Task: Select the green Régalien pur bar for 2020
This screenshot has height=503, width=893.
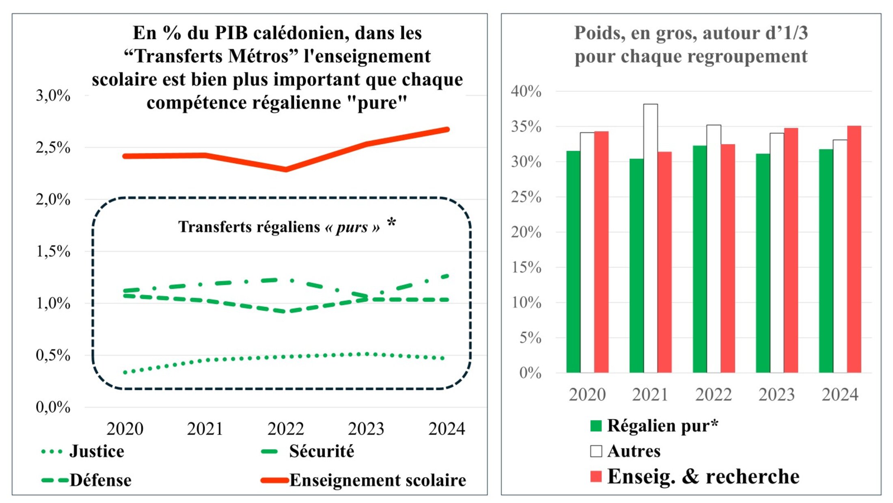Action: click(573, 262)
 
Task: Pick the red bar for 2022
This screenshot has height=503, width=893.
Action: click(728, 258)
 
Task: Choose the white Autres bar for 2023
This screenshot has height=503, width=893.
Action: click(777, 253)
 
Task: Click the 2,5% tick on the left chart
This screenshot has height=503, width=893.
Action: click(53, 148)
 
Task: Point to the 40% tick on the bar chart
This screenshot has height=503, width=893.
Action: click(526, 91)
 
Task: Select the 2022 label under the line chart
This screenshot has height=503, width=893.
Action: click(285, 429)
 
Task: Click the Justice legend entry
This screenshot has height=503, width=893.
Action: click(97, 451)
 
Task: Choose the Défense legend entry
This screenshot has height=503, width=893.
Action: click(100, 480)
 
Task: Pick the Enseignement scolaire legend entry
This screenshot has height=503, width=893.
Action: click(377, 480)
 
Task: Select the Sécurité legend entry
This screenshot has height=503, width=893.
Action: click(321, 451)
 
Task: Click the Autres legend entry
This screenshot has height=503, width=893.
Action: click(634, 451)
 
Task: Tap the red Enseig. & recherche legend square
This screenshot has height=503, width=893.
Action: click(596, 477)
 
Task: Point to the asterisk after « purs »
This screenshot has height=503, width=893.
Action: click(391, 222)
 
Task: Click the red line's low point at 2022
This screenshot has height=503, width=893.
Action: click(286, 169)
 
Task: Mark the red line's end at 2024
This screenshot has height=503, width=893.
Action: click(447, 130)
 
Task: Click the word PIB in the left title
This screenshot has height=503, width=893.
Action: click(231, 33)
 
